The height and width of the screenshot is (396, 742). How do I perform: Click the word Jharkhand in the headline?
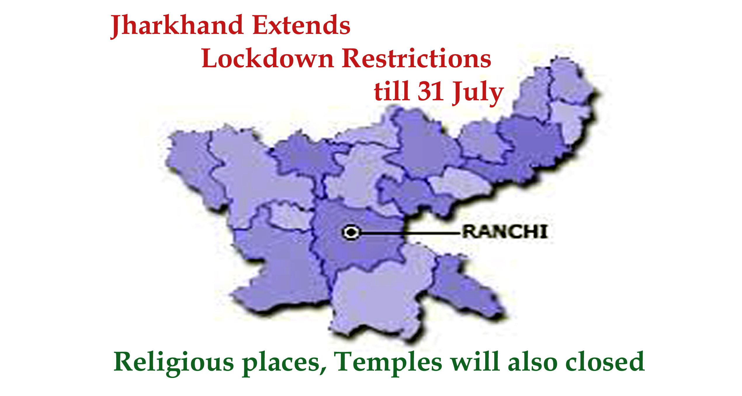coord(177,26)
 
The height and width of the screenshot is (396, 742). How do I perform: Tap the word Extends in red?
coord(301,25)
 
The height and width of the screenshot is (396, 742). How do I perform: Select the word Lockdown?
coord(267,58)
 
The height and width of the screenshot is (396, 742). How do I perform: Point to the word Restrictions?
coord(417,58)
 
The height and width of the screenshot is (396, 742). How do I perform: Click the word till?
coord(391,91)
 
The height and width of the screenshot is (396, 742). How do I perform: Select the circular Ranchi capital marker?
coord(351,233)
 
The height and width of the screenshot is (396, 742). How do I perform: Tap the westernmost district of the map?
coord(193,167)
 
